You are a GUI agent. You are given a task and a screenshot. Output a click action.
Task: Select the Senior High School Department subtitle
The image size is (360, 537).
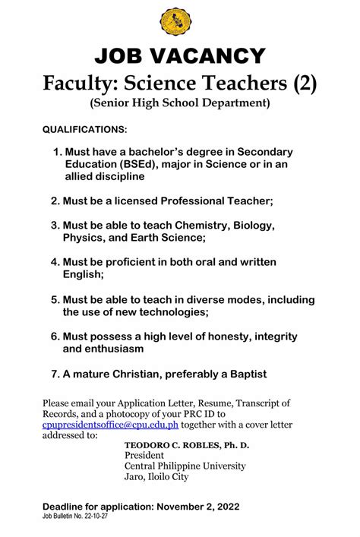180,102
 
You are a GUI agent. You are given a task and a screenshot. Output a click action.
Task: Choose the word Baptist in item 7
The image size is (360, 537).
245,374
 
